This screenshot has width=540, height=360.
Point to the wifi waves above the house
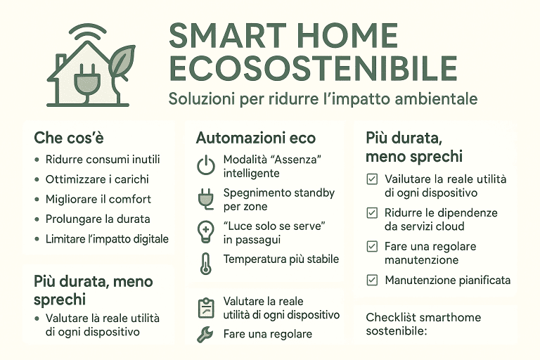[86, 32]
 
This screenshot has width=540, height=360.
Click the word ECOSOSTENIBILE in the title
[313, 68]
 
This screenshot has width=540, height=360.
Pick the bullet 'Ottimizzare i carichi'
[96, 179]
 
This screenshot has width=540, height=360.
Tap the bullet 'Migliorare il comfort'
[98, 199]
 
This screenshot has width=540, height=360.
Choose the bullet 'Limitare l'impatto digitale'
[107, 239]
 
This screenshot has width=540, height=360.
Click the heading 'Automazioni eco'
[255, 138]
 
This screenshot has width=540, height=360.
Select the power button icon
[205, 166]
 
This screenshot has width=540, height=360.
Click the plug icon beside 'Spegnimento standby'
[205, 199]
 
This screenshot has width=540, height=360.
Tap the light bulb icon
[205, 231]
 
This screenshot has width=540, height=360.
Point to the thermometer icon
[205, 262]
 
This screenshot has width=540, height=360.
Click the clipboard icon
[205, 307]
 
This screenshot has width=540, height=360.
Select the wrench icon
[205, 335]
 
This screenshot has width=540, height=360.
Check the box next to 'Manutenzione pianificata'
[372, 280]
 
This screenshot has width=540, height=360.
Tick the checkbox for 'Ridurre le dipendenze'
[372, 212]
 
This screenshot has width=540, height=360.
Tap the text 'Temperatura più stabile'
[281, 259]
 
